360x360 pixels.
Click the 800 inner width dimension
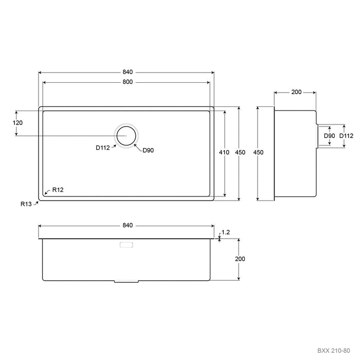[x=128, y=82]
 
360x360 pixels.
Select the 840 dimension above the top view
[x=128, y=72]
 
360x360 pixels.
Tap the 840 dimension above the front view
[x=128, y=225]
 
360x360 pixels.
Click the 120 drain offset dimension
[x=17, y=123]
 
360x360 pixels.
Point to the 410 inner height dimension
[x=224, y=152]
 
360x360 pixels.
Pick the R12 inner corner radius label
[x=58, y=190]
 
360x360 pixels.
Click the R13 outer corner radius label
[x=26, y=204]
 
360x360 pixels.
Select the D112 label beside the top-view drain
[x=103, y=148]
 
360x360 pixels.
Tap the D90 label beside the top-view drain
[x=148, y=150]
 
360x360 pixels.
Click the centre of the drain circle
[x=127, y=136]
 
